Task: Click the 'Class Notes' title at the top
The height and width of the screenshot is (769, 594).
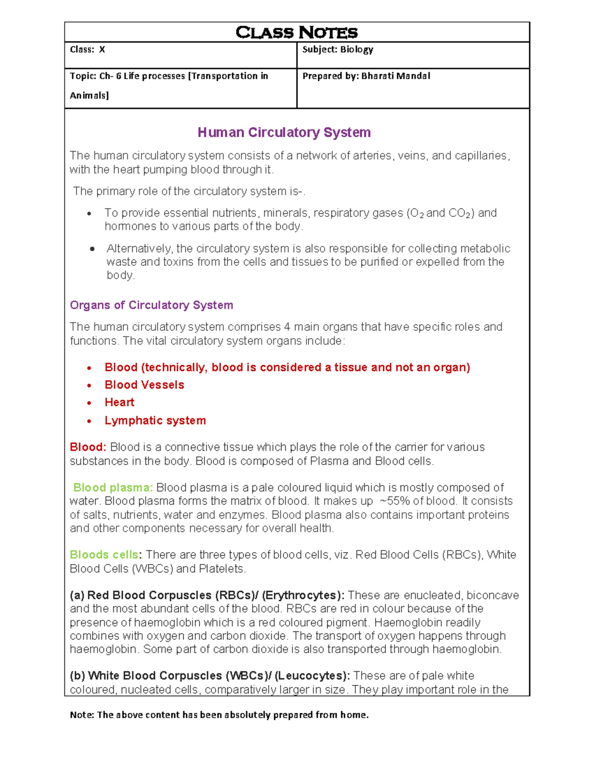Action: pos(297,33)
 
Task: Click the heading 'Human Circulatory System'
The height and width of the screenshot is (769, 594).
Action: pos(284,133)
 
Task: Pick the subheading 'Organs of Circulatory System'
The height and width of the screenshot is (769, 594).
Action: pos(151,305)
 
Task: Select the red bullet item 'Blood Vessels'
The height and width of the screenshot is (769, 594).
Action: pos(144,385)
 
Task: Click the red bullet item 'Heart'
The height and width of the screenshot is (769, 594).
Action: pos(119,402)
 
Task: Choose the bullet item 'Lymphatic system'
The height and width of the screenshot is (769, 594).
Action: pos(155,420)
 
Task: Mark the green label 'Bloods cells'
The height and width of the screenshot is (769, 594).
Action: pos(104,555)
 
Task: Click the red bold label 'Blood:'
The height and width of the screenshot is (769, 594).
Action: pos(88,447)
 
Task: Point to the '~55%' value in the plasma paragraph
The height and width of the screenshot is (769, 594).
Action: pos(395,501)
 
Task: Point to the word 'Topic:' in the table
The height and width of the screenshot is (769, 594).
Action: pos(83,76)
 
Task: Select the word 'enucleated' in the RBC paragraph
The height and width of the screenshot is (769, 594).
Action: pos(433,595)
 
